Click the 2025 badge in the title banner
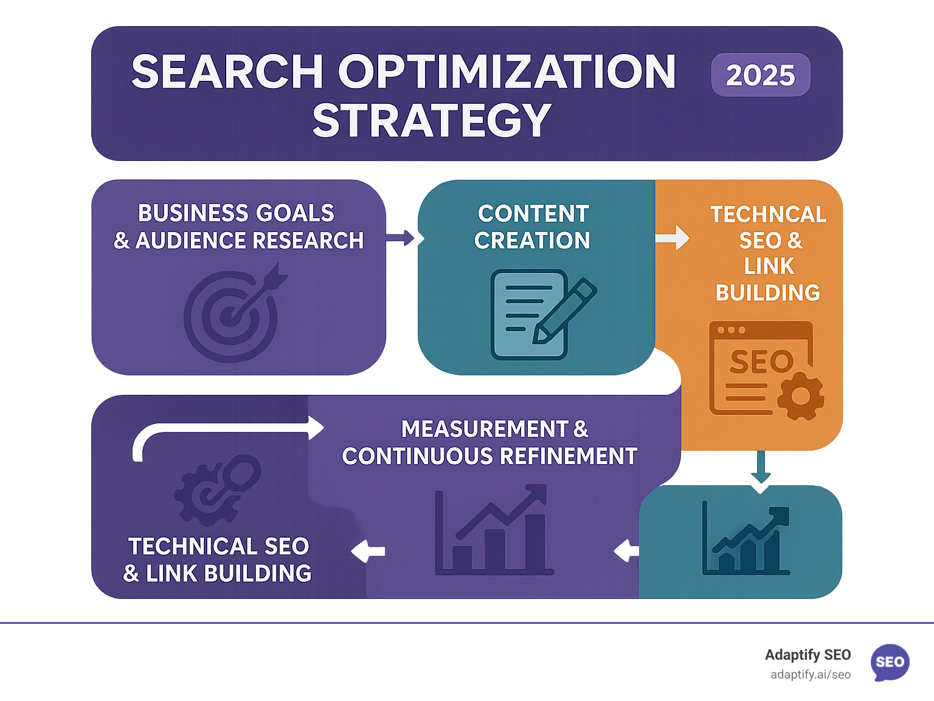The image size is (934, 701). tap(760, 75)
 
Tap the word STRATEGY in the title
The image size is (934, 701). tap(432, 120)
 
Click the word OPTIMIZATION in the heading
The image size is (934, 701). tap(507, 72)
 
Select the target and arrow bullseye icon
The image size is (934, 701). tap(233, 313)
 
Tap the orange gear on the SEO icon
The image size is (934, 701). tap(801, 396)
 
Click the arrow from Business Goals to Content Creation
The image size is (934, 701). tap(401, 238)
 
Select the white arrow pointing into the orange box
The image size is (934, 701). tap(673, 238)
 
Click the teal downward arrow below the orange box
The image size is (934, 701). tap(761, 468)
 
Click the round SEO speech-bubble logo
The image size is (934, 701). tap(890, 662)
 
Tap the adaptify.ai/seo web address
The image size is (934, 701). tap(811, 675)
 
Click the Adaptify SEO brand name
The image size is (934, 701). tap(808, 655)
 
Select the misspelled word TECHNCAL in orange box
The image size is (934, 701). tap(768, 214)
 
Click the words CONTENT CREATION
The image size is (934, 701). tap(533, 227)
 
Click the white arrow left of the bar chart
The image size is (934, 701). tap(368, 551)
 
